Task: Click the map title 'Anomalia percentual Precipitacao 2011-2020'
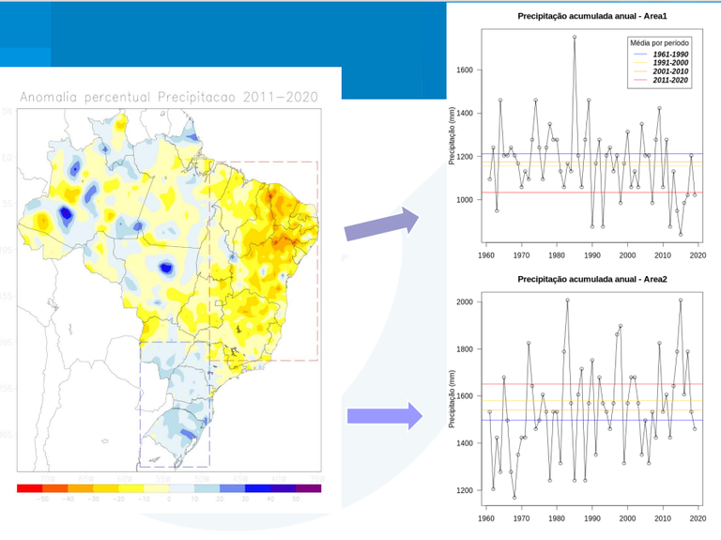pos(168,97)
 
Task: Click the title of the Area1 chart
pos(592,17)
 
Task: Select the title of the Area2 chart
pos(592,279)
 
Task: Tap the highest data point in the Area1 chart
pos(575,38)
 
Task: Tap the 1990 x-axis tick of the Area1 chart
pos(592,255)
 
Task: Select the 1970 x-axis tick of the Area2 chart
pos(521,517)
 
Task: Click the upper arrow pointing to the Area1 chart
pos(380,224)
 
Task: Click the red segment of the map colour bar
pos(29,487)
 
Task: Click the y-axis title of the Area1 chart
pos(452,136)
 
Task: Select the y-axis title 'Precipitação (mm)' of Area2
pos(452,397)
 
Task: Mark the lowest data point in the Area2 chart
pos(514,497)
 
